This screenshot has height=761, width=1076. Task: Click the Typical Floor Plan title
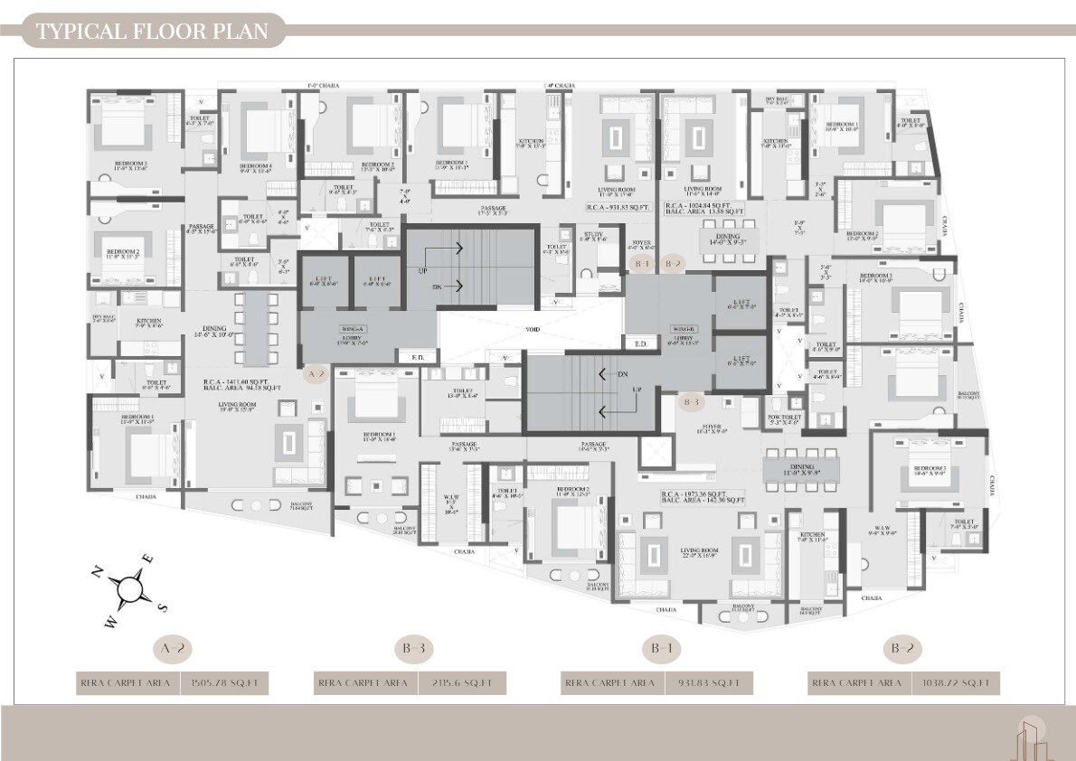click(152, 32)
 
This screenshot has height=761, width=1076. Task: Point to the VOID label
click(533, 330)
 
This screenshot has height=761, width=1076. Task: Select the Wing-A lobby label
click(352, 334)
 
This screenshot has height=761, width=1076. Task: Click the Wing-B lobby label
click(684, 334)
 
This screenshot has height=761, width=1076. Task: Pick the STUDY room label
click(593, 238)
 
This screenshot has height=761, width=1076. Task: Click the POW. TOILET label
click(784, 419)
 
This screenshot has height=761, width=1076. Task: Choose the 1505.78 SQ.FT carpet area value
click(225, 683)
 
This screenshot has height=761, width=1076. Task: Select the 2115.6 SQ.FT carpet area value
click(461, 683)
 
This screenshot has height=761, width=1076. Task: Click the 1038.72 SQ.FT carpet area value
click(955, 683)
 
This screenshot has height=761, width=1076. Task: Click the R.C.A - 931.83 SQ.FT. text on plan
click(618, 207)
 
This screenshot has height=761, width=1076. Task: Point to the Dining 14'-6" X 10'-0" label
click(212, 332)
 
